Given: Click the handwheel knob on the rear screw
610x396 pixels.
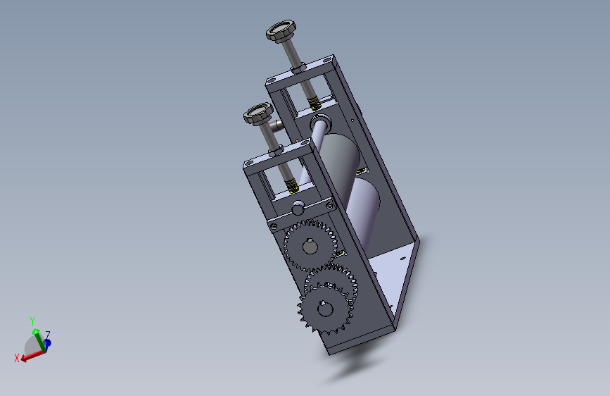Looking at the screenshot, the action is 281,30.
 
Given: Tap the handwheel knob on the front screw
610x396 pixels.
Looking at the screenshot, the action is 258,114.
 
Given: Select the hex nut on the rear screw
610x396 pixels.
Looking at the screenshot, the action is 298,68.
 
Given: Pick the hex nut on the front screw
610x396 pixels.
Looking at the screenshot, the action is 275,151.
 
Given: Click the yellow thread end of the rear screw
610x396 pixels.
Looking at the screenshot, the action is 314,104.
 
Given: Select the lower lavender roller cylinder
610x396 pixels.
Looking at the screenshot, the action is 362,211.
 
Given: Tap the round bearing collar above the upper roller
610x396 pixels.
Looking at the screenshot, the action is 321,122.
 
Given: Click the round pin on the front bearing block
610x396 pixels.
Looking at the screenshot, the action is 298,208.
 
